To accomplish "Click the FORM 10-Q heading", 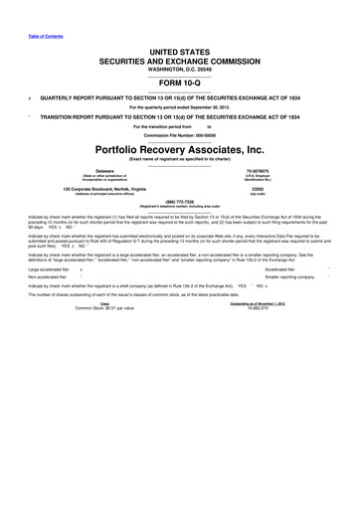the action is [179, 84].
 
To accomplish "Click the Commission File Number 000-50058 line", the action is [179, 134].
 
